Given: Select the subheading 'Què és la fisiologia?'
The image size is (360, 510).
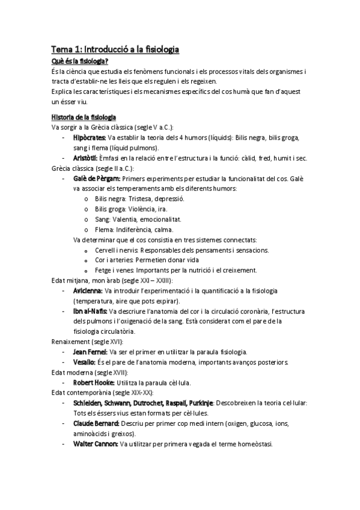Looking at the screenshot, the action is [80, 61].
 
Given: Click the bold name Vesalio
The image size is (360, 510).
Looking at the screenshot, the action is [84, 361].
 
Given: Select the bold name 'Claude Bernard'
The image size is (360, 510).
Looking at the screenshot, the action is [95, 423].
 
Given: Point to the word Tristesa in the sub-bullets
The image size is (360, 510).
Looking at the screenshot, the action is [138, 198].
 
